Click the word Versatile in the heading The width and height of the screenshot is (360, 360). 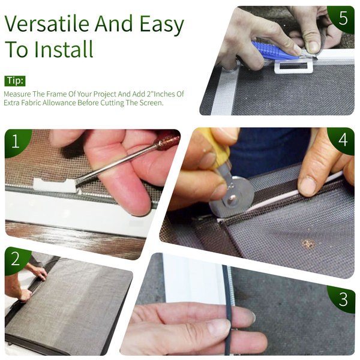click(47, 23)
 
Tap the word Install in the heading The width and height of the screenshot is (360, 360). click(64, 49)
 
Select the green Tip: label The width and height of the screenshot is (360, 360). click(15, 81)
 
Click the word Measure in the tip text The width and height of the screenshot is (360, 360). click(17, 94)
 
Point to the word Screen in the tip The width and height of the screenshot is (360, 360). click(151, 103)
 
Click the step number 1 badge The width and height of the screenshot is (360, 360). click(16, 141)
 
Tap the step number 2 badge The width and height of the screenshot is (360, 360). click(16, 259)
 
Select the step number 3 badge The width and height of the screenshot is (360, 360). click(343, 299)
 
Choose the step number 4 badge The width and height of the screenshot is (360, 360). click(343, 139)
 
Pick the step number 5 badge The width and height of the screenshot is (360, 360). click(343, 18)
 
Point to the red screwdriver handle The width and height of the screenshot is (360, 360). click(167, 142)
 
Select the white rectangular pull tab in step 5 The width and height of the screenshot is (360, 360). click(294, 67)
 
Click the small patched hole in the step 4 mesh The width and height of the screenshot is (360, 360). click(308, 244)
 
